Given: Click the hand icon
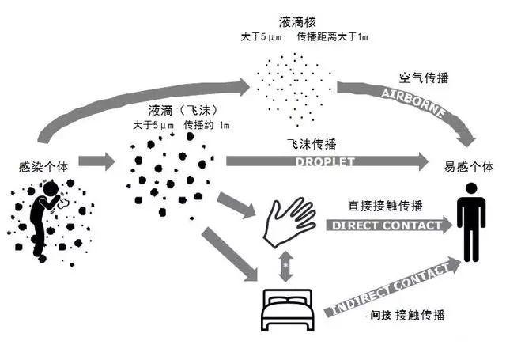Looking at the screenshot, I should (x=289, y=222).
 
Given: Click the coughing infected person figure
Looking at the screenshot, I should (x=43, y=218).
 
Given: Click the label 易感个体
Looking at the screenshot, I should (x=471, y=167).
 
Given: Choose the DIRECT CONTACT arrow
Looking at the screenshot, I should (x=383, y=225).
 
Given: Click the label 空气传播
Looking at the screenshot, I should (x=420, y=79).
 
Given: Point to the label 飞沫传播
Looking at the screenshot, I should (x=312, y=145).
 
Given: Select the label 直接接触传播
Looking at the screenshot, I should (x=374, y=207).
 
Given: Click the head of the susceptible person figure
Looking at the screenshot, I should (x=471, y=190).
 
